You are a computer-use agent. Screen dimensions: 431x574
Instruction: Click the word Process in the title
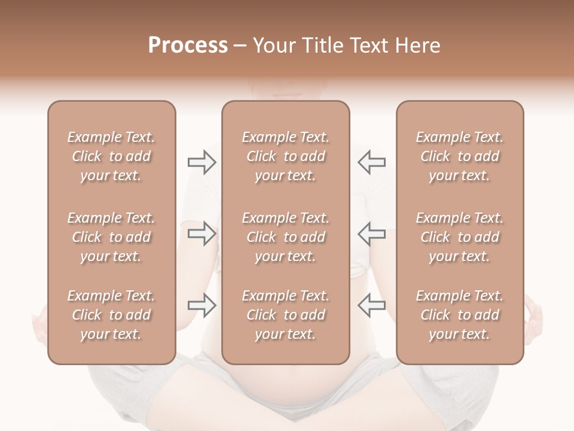coord(188,45)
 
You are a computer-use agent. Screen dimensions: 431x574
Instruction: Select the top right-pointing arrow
coord(201,162)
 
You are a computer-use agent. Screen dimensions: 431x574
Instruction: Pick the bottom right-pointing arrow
coord(201,305)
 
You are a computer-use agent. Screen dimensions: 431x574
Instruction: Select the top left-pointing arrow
coord(371,162)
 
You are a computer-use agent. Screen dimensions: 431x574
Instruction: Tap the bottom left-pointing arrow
coord(371,305)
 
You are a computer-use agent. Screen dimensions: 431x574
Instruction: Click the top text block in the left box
coord(111,156)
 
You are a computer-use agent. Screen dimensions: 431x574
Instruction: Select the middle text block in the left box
coord(111,237)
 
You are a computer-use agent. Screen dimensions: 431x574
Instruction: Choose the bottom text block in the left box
coord(111,315)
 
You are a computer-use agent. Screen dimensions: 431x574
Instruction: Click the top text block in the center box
coord(285,156)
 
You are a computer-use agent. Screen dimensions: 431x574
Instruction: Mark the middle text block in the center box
coord(285,237)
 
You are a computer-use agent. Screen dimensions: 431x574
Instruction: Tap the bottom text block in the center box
coord(285,315)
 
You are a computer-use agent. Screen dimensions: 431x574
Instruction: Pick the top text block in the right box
coord(460,156)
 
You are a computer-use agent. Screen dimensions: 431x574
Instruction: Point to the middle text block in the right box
coord(460,237)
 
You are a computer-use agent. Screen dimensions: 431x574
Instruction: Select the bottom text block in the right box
coord(460,315)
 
